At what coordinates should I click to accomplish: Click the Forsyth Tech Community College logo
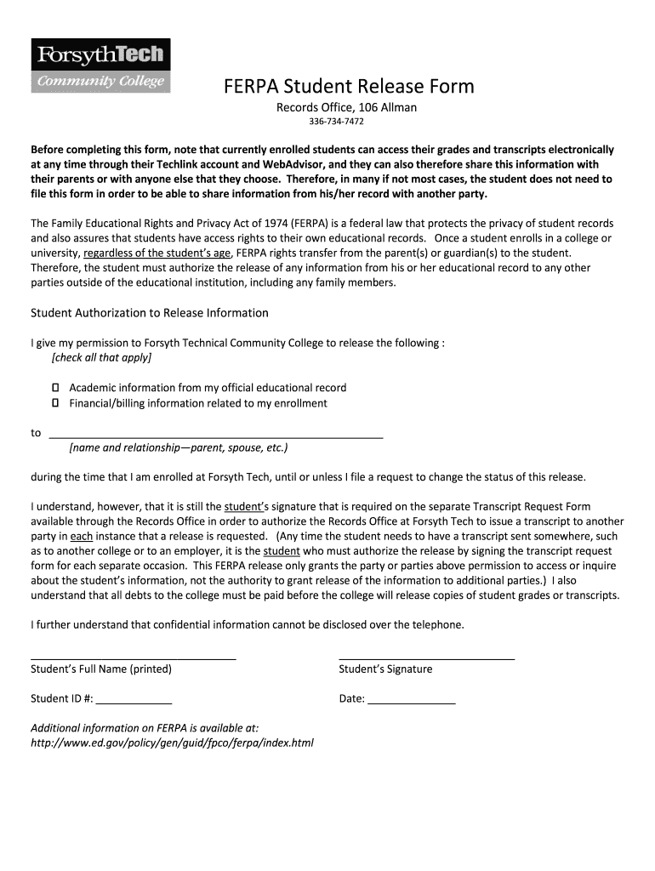coord(100,65)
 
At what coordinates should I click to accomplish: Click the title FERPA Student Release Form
coord(349,86)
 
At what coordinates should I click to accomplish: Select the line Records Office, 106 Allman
coord(346,107)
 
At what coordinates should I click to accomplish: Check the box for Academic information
coord(55,387)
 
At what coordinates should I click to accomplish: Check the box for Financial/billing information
coord(55,403)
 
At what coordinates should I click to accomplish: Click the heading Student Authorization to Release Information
coord(150,313)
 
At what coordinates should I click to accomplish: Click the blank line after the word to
coord(216,434)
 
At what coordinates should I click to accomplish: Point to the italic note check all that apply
coord(101,358)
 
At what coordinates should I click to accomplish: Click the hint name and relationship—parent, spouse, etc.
coord(179,447)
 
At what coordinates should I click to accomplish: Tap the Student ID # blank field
coord(134,700)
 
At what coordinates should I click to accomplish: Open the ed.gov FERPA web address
coord(172,743)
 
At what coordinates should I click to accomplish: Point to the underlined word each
coord(81,537)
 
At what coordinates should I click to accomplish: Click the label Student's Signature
coord(385,669)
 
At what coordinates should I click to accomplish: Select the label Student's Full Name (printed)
coord(101,669)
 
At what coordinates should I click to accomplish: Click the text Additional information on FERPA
coord(145,728)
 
